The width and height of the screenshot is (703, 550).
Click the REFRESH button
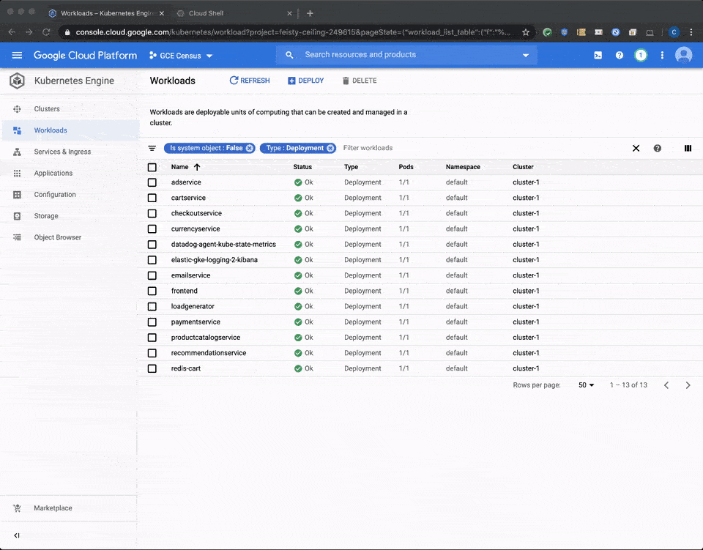250,81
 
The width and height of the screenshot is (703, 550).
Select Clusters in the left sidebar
47,109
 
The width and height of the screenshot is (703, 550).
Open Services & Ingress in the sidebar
62,152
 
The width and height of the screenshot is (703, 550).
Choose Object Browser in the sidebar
57,237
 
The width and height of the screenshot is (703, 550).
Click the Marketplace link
53,508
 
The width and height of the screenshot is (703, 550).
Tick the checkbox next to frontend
152,291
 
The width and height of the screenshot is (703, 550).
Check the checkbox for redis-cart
152,368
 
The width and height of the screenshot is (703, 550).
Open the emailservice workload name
190,275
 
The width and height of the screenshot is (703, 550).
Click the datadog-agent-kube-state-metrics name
223,245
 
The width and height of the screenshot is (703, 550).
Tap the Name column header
180,167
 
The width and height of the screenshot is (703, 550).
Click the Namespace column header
463,167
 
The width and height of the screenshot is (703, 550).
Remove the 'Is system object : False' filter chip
250,148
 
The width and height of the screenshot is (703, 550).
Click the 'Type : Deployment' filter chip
294,148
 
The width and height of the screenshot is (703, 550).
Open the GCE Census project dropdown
181,56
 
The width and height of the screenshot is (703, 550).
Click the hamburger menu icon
18,56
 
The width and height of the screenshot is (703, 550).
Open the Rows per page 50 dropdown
587,385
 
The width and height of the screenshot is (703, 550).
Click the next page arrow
688,385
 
